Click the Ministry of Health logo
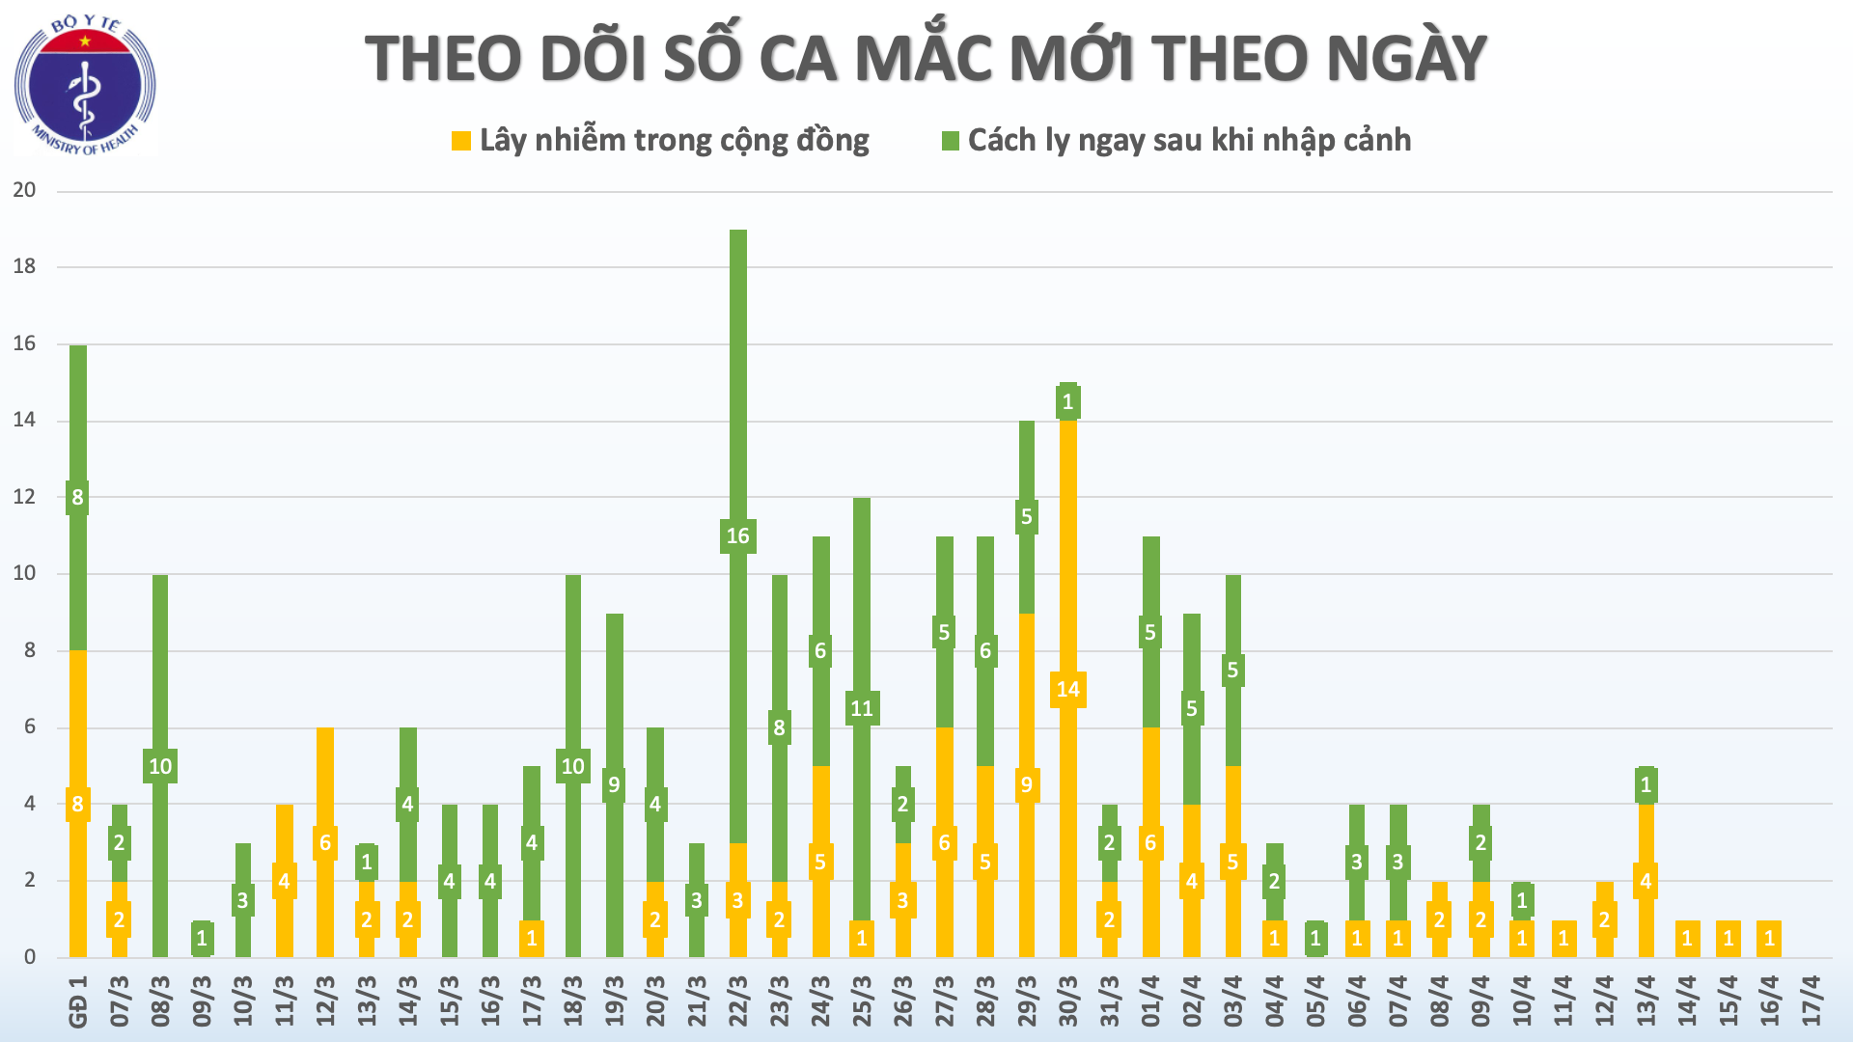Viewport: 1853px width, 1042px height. tap(85, 85)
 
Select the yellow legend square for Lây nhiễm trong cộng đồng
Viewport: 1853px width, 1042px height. tap(461, 141)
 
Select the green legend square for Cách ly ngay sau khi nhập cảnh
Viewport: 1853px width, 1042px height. tap(951, 141)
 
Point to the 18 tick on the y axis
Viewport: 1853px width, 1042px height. tap(24, 266)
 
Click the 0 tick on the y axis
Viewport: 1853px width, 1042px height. tap(30, 957)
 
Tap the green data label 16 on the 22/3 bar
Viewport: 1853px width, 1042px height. tap(737, 535)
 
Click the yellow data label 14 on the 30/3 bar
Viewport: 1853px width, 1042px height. tap(1067, 689)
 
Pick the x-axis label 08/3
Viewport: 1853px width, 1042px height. tap(160, 1000)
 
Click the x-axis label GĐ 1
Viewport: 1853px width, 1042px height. tap(78, 1001)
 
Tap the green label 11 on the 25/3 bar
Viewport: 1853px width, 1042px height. tap(861, 708)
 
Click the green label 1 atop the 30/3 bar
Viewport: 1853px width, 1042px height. tap(1067, 401)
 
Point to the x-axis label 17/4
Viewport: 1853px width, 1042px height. tap(1811, 1000)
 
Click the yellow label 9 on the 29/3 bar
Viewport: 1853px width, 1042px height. tap(1026, 784)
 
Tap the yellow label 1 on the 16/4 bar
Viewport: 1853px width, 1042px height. tap(1769, 938)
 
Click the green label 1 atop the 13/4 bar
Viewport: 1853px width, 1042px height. tap(1646, 784)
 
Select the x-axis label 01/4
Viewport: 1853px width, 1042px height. tap(1150, 1000)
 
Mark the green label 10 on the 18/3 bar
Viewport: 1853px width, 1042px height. tap(572, 766)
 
